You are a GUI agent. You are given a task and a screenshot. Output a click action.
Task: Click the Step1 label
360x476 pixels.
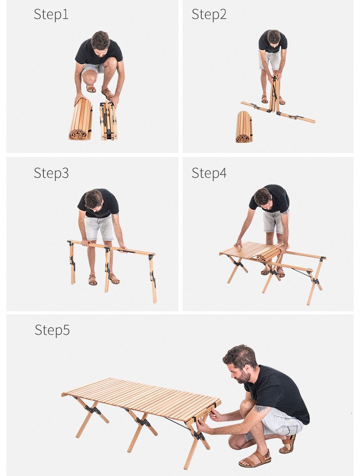coord(51,14)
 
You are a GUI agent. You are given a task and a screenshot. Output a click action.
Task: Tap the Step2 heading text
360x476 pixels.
coord(209,14)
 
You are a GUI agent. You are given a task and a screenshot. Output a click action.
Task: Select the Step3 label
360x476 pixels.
coord(51,173)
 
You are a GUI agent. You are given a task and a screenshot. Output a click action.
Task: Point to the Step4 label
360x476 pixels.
coord(209,173)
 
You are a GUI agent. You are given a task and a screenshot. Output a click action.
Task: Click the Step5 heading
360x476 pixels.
coord(52,330)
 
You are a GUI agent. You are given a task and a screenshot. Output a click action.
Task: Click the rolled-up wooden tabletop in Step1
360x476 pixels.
coord(81,119)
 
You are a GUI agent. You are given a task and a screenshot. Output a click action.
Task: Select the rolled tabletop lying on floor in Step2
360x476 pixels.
coord(244,126)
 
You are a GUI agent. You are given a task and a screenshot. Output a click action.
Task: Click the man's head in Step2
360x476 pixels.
coord(274,37)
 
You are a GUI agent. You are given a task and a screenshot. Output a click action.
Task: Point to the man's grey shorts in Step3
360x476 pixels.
coord(99,228)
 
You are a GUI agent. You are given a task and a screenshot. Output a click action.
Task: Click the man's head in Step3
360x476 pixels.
coord(94,200)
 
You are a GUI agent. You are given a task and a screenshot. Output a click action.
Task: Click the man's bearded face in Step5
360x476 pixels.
coord(241,366)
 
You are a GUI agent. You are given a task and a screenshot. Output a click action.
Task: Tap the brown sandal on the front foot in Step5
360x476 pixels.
coord(255,458)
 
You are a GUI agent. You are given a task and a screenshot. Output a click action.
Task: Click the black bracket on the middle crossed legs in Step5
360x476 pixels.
coord(143,422)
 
